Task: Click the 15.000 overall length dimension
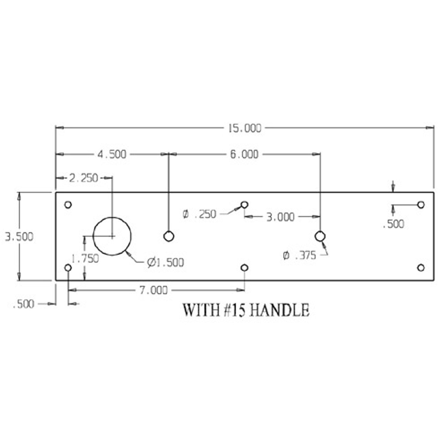(x=245, y=128)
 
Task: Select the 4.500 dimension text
(x=112, y=154)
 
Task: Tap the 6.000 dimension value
(x=244, y=154)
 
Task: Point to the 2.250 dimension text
(x=84, y=178)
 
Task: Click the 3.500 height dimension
(x=19, y=237)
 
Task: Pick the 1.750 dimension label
(x=85, y=259)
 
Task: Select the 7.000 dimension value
(x=154, y=290)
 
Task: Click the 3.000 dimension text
(x=280, y=217)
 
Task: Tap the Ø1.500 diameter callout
(x=166, y=262)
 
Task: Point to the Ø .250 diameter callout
(x=200, y=214)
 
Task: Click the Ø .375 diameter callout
(x=300, y=255)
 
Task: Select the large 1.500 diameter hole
(x=112, y=236)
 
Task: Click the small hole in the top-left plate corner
(x=68, y=205)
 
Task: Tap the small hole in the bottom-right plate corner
(x=421, y=268)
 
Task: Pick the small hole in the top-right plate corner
(x=421, y=205)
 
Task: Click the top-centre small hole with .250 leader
(x=245, y=204)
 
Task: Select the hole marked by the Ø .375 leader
(x=320, y=237)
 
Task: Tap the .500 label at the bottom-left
(x=23, y=304)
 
